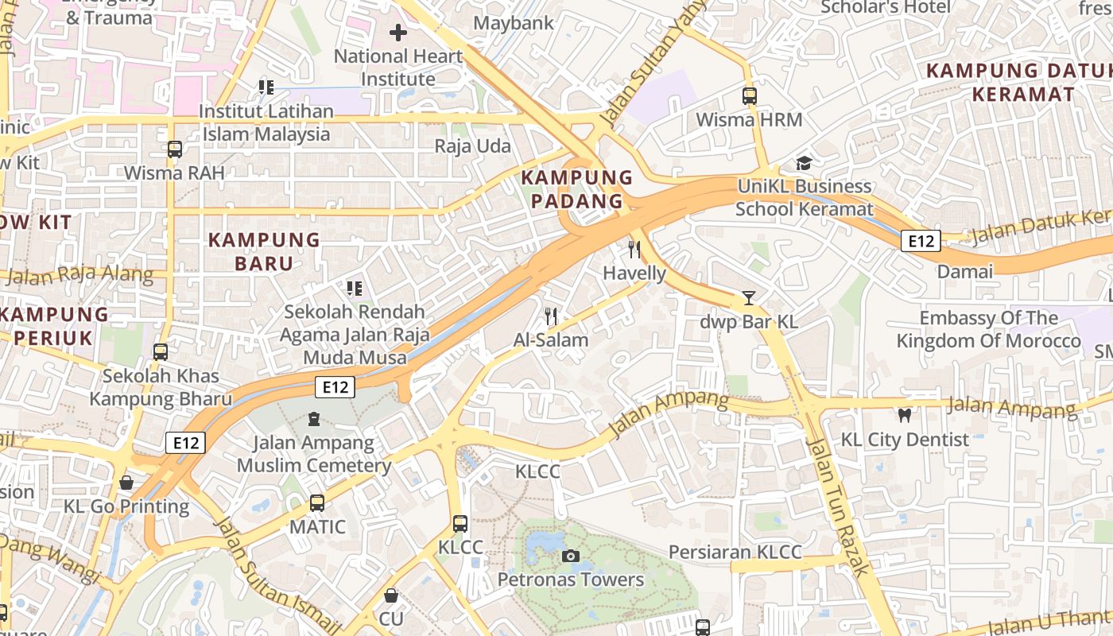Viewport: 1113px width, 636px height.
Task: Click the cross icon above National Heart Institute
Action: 398,33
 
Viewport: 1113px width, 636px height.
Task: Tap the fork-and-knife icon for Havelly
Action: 634,249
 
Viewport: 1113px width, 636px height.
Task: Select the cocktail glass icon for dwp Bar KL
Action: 748,298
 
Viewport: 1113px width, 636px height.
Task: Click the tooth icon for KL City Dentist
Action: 904,415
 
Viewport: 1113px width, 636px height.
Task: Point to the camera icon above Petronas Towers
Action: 570,556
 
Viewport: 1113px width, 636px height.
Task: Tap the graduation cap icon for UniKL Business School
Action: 804,163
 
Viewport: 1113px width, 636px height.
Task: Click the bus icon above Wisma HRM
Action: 749,96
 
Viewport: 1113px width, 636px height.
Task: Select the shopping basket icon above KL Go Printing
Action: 126,483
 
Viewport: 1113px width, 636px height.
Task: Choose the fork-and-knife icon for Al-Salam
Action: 550,316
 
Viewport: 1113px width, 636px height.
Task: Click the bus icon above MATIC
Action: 316,502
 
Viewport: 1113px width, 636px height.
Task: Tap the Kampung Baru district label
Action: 264,251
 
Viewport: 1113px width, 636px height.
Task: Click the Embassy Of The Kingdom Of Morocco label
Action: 988,329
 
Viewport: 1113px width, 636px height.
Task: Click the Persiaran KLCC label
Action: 735,552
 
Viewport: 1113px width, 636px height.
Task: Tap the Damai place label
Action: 964,272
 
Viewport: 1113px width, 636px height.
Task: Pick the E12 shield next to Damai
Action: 921,241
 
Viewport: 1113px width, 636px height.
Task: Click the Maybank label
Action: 514,23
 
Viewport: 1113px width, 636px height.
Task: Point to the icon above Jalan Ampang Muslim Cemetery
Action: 313,418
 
